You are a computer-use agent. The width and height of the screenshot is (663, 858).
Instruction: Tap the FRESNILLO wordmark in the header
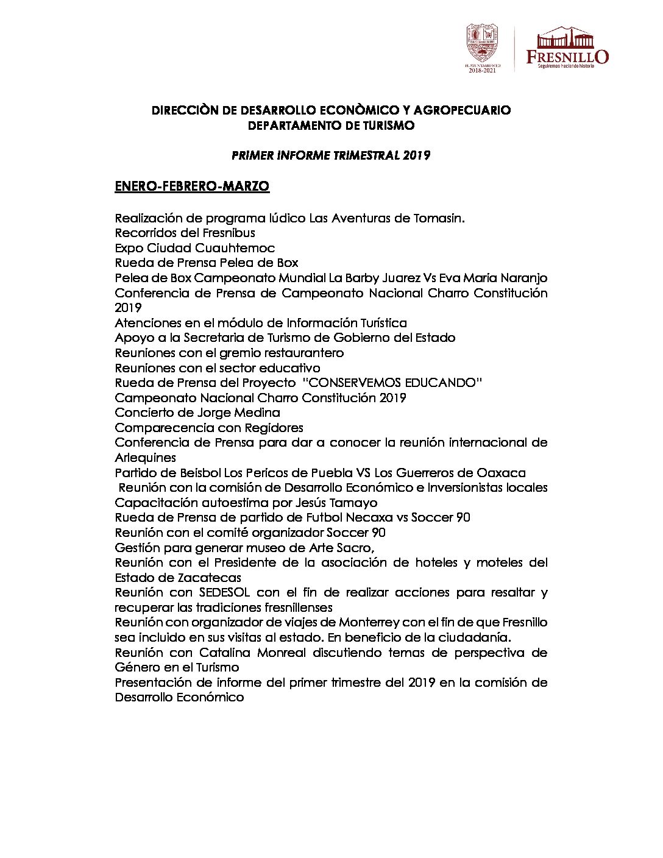tap(567, 57)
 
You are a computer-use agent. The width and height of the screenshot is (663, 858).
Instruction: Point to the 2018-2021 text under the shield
tap(483, 71)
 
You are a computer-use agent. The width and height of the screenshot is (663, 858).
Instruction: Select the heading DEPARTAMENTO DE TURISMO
tap(331, 126)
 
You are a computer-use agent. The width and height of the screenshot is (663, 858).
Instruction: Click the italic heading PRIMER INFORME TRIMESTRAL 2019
tap(331, 155)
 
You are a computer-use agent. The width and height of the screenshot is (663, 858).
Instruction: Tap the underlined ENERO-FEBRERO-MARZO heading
tap(192, 186)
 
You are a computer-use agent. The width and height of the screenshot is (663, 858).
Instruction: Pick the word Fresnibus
tap(228, 233)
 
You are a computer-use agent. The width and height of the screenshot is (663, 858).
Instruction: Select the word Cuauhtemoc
tap(235, 248)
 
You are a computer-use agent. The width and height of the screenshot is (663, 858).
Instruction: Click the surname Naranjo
tap(523, 278)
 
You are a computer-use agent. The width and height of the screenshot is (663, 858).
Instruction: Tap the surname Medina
tap(254, 413)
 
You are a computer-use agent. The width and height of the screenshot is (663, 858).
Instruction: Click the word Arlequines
tap(145, 458)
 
